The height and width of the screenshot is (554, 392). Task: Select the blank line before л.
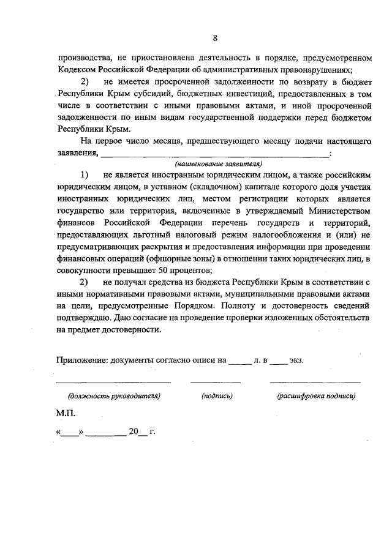(x=239, y=362)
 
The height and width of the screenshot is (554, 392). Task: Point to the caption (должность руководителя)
(x=114, y=396)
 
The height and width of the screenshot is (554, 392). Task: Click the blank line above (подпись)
(x=216, y=383)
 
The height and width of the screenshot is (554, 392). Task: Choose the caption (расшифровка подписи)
(x=316, y=396)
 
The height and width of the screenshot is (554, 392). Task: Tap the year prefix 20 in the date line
(x=134, y=431)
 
